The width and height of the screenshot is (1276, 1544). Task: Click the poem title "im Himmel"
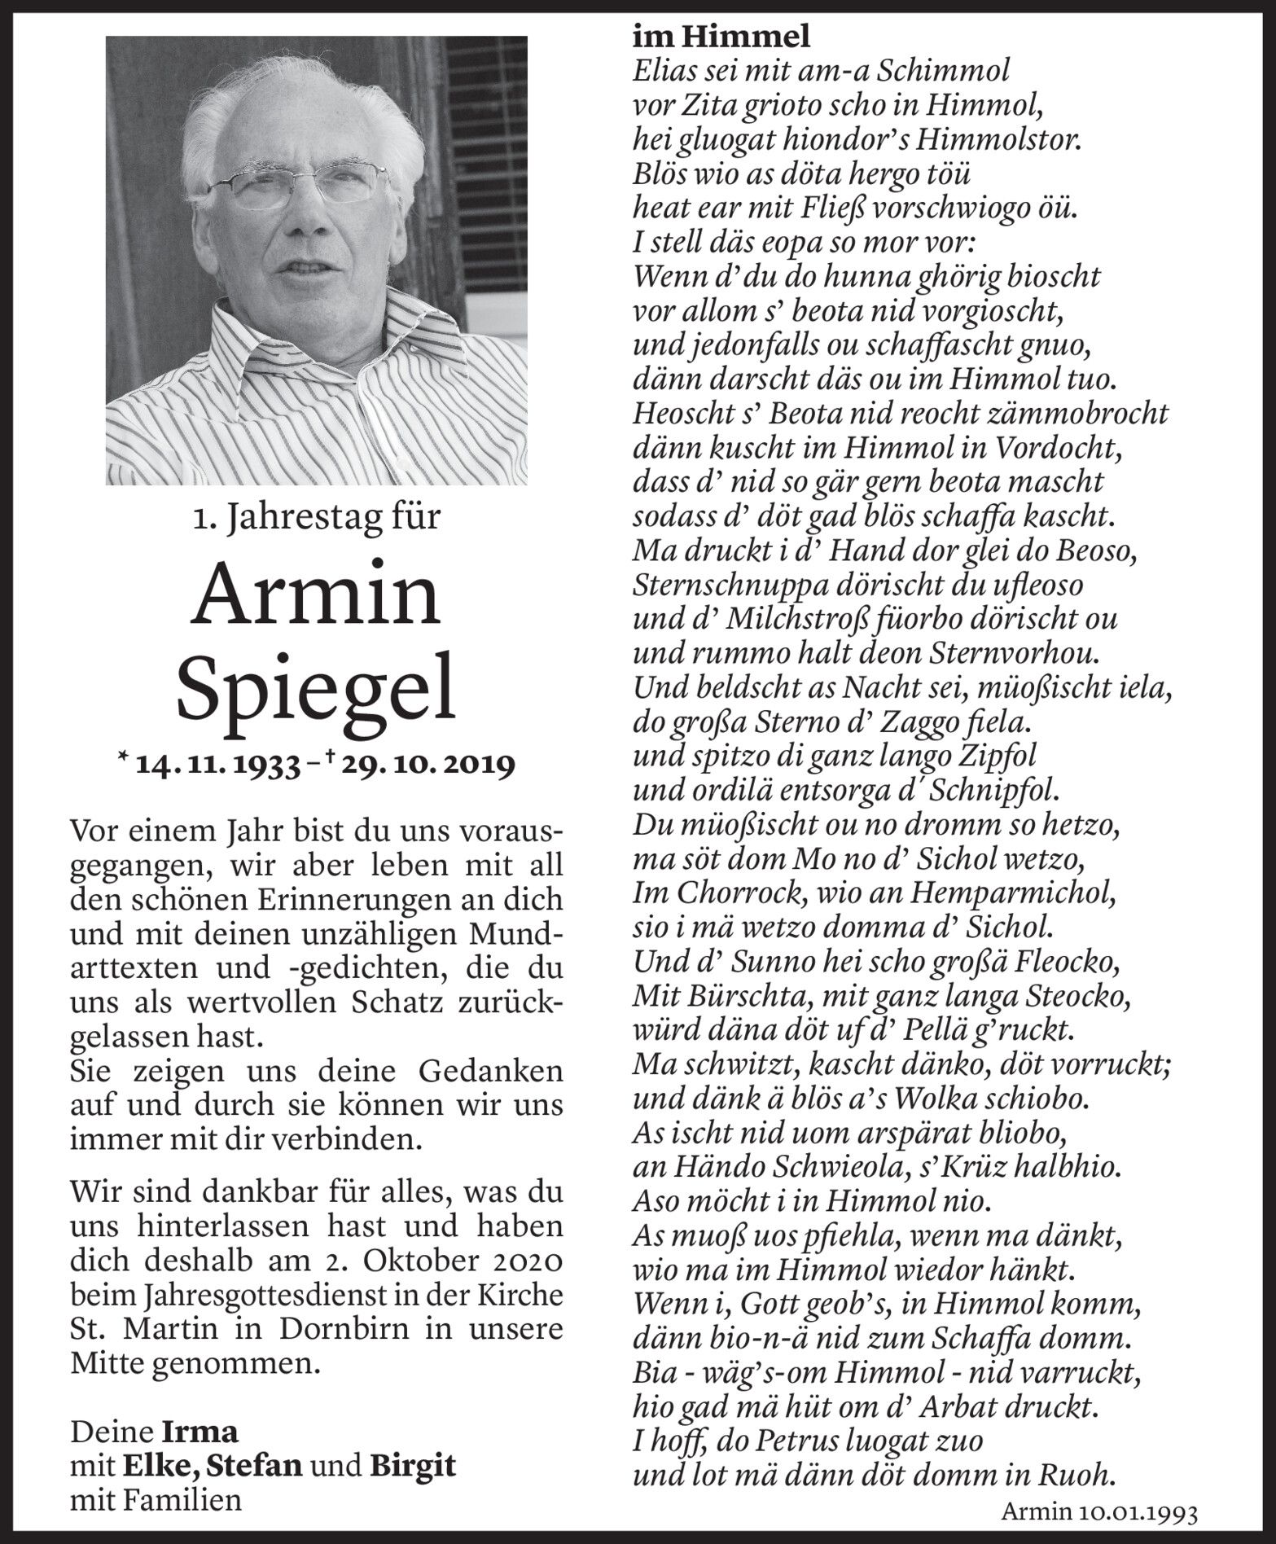point(721,36)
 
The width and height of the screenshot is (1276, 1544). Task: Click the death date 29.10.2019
point(427,765)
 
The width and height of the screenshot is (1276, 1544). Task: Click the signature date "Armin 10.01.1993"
point(1099,1511)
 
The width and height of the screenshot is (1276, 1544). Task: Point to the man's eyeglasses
point(297,186)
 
